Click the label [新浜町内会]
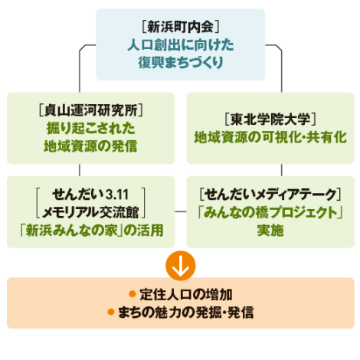click(x=181, y=27)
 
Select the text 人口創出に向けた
click(x=181, y=45)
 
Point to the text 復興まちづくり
click(x=181, y=63)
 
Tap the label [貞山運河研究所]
click(x=90, y=110)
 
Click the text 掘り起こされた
click(x=90, y=128)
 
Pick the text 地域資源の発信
click(x=90, y=146)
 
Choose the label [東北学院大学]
click(x=270, y=119)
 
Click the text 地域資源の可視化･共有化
click(x=270, y=137)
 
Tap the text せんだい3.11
click(x=90, y=195)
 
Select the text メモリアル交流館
click(x=90, y=212)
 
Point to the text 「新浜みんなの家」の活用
click(x=92, y=231)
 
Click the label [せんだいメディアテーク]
click(x=270, y=195)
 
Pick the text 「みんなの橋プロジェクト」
click(x=270, y=212)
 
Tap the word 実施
click(x=270, y=231)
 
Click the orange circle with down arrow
click(x=181, y=266)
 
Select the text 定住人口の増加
click(x=186, y=294)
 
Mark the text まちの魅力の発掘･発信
click(x=186, y=313)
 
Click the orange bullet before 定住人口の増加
click(x=133, y=294)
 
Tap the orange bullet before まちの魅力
click(x=111, y=312)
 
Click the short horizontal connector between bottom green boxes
click(x=181, y=211)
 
